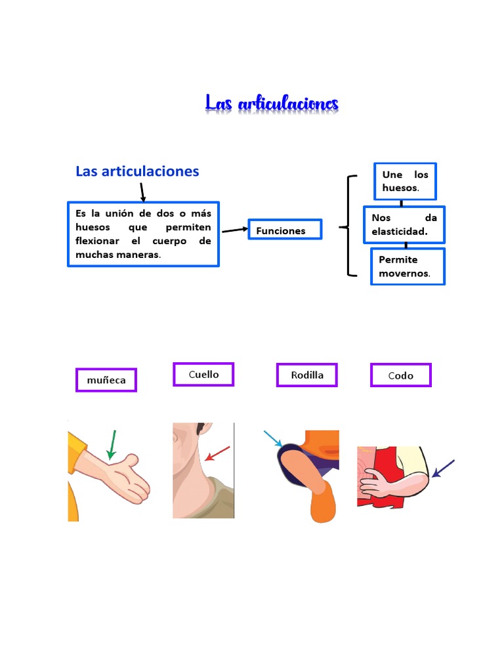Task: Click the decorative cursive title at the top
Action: point(272,104)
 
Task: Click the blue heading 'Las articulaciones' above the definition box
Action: point(137,171)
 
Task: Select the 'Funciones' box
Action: point(285,230)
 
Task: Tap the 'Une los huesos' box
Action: point(405,181)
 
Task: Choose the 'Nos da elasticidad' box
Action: point(404,224)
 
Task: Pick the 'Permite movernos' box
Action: point(408,266)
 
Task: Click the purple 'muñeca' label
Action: point(106,380)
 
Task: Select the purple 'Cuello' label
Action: point(203,375)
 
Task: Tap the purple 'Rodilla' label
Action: point(307,375)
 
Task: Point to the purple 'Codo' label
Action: point(401,376)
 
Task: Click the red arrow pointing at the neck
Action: point(218,453)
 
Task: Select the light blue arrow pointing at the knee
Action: point(273,439)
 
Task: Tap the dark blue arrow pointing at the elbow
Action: point(443,469)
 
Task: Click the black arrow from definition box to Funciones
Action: point(234,230)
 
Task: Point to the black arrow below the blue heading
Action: point(142,192)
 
